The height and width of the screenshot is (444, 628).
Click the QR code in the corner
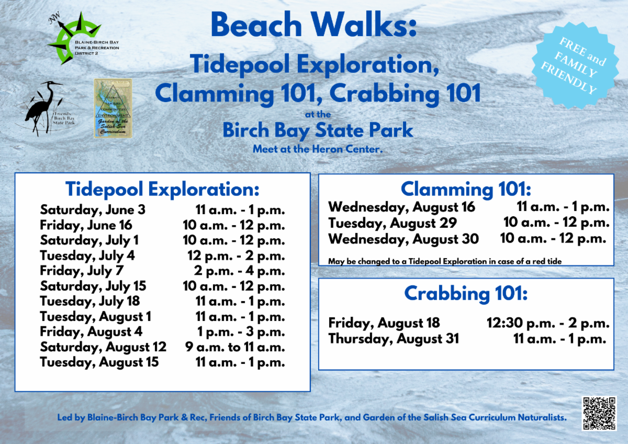[x=599, y=413]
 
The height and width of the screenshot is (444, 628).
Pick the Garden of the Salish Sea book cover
[x=113, y=108]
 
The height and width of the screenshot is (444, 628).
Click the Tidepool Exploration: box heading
[x=162, y=188]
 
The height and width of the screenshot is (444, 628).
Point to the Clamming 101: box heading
[x=466, y=188]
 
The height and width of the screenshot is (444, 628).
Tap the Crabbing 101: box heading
[x=466, y=294]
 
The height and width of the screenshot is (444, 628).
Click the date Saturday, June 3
[x=93, y=210]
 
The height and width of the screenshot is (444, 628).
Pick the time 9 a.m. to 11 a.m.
[x=235, y=347]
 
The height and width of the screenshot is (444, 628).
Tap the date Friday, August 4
[x=91, y=332]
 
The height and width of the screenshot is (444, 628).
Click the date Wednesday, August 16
[x=401, y=207]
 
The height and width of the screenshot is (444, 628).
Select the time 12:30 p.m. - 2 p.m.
[x=548, y=323]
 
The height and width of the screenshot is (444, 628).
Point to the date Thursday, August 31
[x=394, y=339]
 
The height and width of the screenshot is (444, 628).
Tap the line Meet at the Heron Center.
[x=318, y=149]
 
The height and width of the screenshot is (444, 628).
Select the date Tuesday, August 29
[x=392, y=223]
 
